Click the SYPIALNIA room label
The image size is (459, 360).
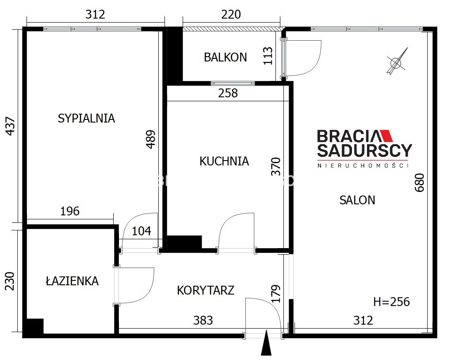86,118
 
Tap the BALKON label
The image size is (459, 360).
226,57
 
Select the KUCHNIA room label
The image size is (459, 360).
224,161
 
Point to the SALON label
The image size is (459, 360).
357,200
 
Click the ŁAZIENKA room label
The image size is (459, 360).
73,281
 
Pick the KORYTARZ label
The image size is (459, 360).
206,290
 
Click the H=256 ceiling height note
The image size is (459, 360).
391,302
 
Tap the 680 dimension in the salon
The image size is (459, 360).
420,183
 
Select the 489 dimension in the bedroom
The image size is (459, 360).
151,139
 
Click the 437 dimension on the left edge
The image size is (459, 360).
10,126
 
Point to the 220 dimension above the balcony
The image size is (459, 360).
231,14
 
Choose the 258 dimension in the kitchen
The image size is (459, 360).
228,93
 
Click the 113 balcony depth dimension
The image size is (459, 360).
268,56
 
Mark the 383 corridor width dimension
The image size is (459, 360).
203,321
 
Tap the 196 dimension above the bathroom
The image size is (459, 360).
70,211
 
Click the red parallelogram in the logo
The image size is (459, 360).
386,136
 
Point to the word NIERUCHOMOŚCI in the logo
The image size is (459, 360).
363,166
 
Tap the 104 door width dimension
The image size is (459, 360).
142,231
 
